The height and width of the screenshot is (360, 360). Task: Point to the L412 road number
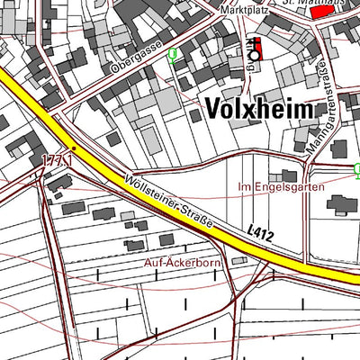pyautogui.click(x=258, y=233)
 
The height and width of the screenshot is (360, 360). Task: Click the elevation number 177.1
pyautogui.click(x=56, y=158)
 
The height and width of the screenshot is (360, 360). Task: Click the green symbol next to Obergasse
pyautogui.click(x=172, y=55)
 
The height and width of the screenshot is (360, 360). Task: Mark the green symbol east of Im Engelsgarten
pyautogui.click(x=356, y=168)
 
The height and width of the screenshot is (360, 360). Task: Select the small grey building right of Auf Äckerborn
pyautogui.click(x=238, y=260)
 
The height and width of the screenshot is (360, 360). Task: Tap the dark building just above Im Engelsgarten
pyautogui.click(x=288, y=175)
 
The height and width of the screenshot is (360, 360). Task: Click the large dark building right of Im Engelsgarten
pyautogui.click(x=341, y=204)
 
